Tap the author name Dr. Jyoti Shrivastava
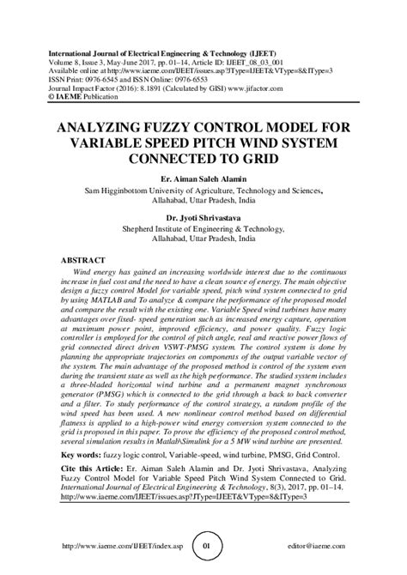point(203,219)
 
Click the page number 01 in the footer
point(204,545)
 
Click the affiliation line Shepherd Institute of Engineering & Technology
point(203,230)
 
